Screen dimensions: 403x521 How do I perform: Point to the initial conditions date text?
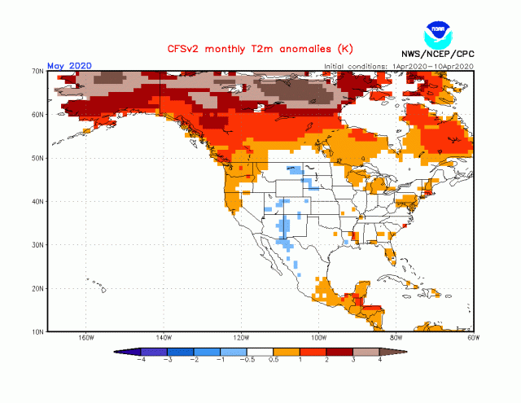point(398,66)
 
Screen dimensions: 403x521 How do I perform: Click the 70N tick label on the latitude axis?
point(37,72)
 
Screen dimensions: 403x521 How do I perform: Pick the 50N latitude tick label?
point(37,158)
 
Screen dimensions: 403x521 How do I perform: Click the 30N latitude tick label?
point(37,244)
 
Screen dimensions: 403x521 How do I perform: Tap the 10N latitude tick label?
point(37,331)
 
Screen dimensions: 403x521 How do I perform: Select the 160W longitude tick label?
point(85,339)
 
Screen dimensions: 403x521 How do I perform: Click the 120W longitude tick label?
point(240,339)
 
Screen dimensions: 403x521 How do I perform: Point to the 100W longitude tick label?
point(318,339)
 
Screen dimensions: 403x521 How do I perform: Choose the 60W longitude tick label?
point(473,339)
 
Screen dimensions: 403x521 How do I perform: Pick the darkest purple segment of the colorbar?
point(130,351)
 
